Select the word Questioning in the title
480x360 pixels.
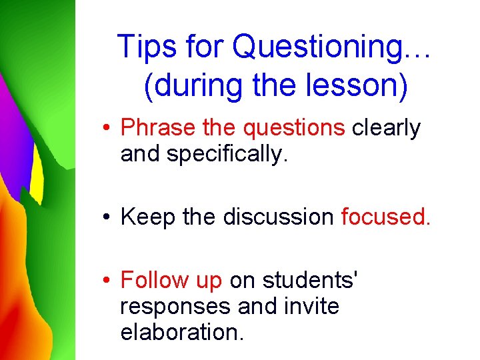click(319, 47)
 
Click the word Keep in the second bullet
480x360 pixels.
click(147, 217)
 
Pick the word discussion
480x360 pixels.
click(278, 217)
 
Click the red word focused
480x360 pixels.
click(385, 217)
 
